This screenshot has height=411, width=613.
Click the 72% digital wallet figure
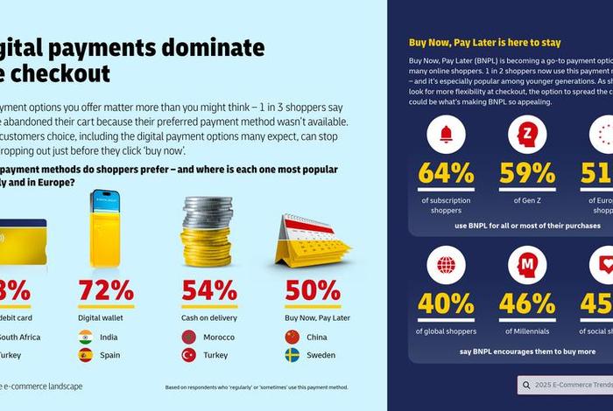[x=106, y=290]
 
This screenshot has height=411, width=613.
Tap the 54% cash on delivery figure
[x=209, y=290]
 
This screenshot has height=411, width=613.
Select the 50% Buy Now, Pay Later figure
[x=313, y=290]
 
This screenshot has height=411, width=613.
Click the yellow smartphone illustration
[x=108, y=228]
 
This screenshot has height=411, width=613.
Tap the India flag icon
[x=85, y=336]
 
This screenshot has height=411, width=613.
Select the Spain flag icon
[x=85, y=355]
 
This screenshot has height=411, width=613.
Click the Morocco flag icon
[x=188, y=336]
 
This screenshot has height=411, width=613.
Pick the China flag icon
[x=292, y=336]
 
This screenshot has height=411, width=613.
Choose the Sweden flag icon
[x=292, y=355]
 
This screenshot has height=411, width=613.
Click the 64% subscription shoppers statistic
[x=446, y=172]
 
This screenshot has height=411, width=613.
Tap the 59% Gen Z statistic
[x=526, y=172]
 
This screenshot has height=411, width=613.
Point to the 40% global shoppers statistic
[x=446, y=303]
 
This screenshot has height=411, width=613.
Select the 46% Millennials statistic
[x=526, y=303]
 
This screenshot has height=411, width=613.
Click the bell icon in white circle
[x=446, y=135]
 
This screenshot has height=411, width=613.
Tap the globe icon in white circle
[x=446, y=265]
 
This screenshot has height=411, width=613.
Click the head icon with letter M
[x=526, y=265]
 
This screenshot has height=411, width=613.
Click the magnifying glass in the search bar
[x=528, y=385]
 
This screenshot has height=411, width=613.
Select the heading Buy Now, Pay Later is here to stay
[x=484, y=42]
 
